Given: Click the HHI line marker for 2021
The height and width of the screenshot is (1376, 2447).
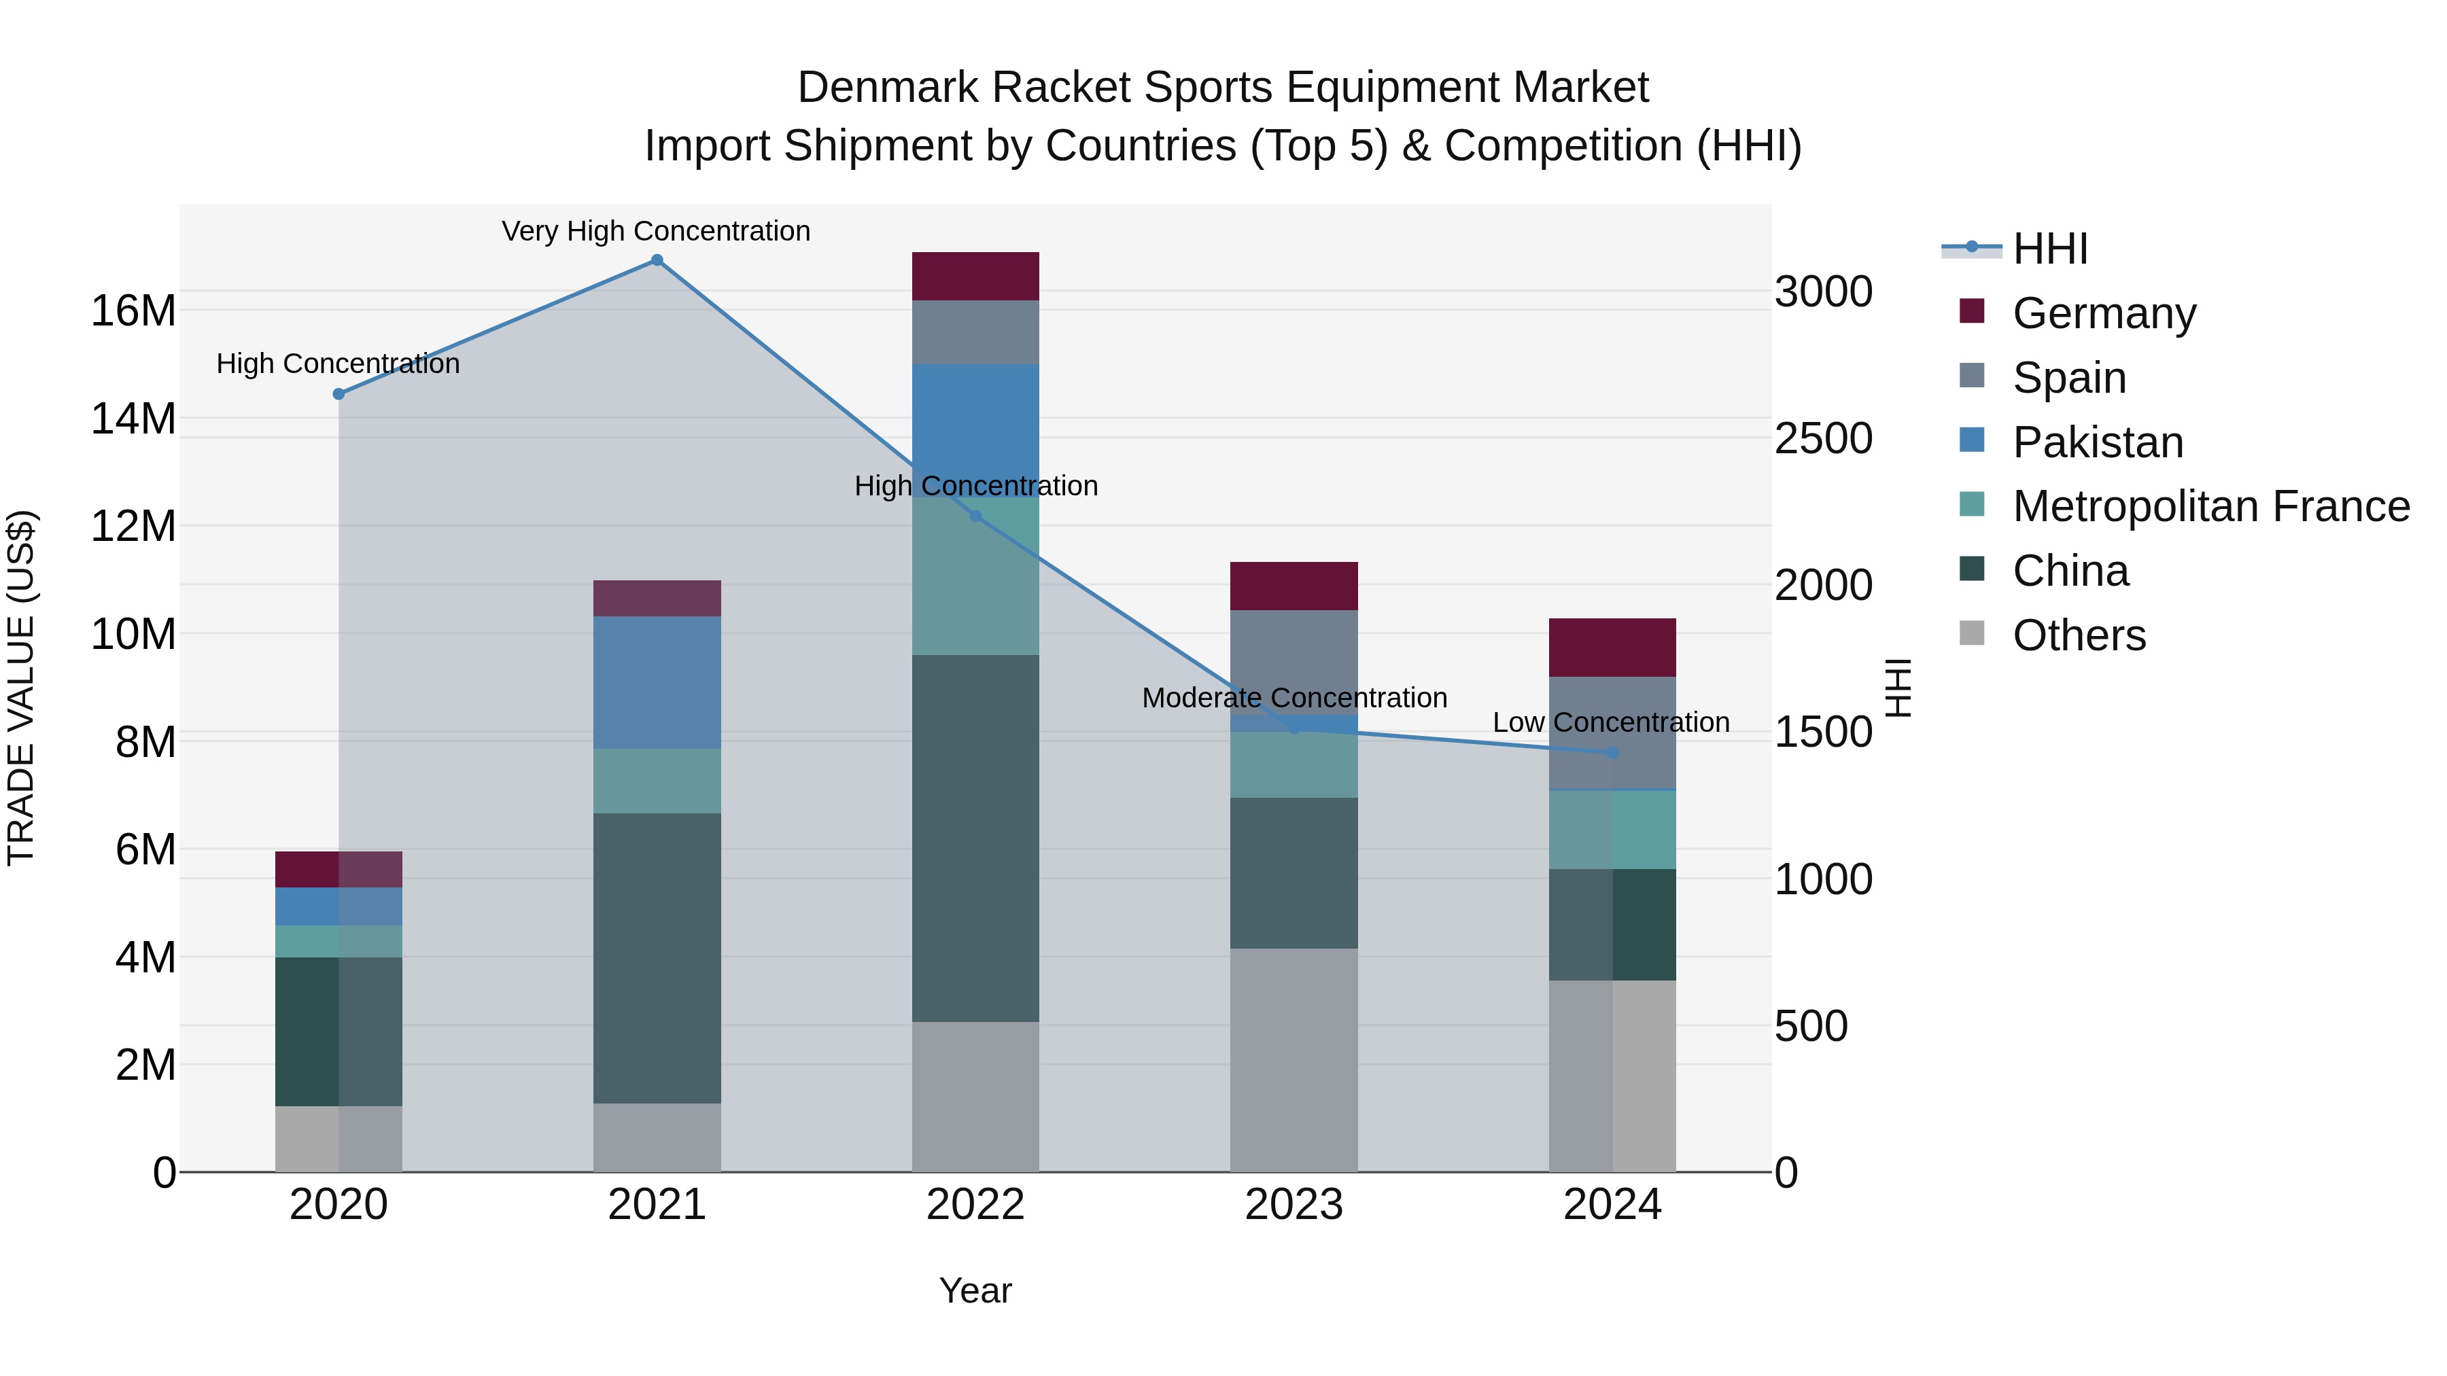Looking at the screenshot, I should pyautogui.click(x=657, y=260).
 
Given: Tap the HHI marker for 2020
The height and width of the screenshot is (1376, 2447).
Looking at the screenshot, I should pyautogui.click(x=339, y=394).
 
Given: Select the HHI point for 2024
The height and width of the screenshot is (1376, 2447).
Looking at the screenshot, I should pyautogui.click(x=1612, y=752).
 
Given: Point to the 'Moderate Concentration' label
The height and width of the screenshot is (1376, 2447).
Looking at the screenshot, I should pyautogui.click(x=1294, y=698).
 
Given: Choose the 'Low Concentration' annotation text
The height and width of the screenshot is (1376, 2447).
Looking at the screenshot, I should pyautogui.click(x=1610, y=723).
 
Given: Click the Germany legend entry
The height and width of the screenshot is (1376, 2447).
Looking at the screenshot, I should pyautogui.click(x=2103, y=313).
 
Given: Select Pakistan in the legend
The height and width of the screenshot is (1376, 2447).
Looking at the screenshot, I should pyautogui.click(x=2098, y=442).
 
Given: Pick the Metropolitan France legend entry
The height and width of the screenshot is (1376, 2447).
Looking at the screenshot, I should pyautogui.click(x=2210, y=506).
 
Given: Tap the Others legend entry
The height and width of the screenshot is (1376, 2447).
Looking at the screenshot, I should pyautogui.click(x=2079, y=635).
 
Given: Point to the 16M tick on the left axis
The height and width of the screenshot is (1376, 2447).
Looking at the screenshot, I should pyautogui.click(x=133, y=311).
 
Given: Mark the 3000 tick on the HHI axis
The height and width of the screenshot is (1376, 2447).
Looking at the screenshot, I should pyautogui.click(x=1823, y=292).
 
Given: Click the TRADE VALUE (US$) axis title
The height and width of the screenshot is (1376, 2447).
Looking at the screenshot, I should pyautogui.click(x=22, y=688).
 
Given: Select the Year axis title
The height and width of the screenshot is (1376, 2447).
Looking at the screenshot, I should pyautogui.click(x=975, y=1290).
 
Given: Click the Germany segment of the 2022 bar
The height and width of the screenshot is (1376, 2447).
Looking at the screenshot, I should pyautogui.click(x=975, y=277).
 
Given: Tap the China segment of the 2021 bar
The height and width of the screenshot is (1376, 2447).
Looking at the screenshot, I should pyautogui.click(x=657, y=957).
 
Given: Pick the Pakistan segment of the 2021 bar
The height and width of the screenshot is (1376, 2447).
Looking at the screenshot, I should pyautogui.click(x=657, y=683).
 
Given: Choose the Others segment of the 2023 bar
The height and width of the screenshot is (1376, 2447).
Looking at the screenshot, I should pyautogui.click(x=1294, y=1060).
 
